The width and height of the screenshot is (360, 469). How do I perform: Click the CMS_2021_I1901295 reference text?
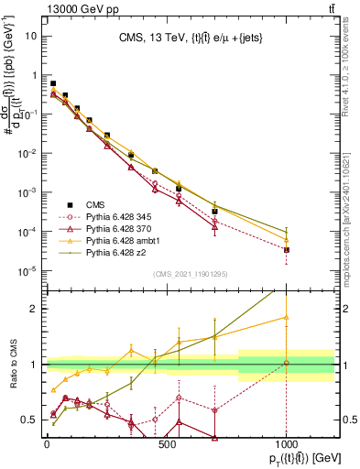click(190, 274)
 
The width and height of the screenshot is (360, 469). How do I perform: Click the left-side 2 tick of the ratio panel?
click(33, 309)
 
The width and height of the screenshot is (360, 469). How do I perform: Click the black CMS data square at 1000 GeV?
click(287, 249)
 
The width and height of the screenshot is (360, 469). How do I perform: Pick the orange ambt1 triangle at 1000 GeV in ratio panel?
click(287, 318)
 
